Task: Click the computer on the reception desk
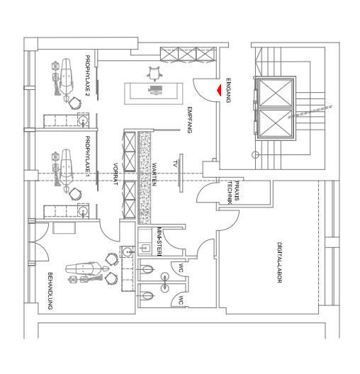tap(154, 90)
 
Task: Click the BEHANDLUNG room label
tap(50, 290)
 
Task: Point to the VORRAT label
tap(116, 174)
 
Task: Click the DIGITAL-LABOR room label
tap(279, 263)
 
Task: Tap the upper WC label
tap(181, 268)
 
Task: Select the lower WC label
tap(181, 300)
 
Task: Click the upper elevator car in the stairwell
tap(274, 91)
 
